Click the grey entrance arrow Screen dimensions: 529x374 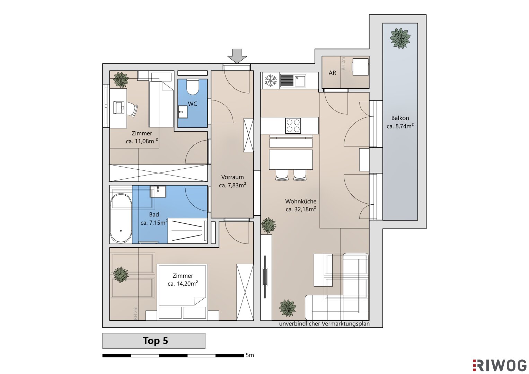(237, 56)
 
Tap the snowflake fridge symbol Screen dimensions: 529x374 (271, 80)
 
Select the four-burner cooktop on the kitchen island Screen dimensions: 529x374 (293, 126)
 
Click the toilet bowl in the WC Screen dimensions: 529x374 (193, 87)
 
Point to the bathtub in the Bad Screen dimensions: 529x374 (121, 219)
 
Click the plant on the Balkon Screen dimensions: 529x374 (400, 38)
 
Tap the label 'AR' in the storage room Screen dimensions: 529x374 (332, 73)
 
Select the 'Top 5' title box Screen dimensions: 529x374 (154, 341)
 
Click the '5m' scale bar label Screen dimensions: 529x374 (250, 355)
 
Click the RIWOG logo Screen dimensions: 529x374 (500, 366)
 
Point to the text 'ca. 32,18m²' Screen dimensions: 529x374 (301, 209)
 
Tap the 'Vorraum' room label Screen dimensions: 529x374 (232, 177)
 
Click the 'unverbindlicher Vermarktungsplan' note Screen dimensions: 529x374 (324, 324)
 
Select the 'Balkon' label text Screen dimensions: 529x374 (400, 118)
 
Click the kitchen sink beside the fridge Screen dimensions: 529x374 (300, 81)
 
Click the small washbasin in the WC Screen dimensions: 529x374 (183, 112)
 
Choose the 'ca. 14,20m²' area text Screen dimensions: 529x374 (183, 284)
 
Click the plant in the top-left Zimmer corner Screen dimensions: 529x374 (121, 80)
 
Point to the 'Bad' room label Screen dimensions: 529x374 (154, 215)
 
